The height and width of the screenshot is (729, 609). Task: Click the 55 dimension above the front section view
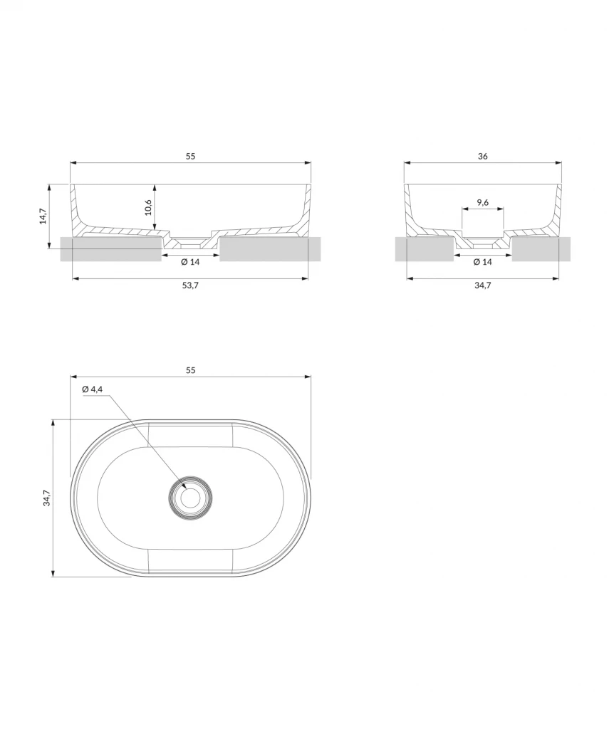[190, 155]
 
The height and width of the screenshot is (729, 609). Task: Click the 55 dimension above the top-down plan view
[190, 369]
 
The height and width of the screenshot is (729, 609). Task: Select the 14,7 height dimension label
[43, 216]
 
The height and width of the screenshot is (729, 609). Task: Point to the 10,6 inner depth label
[148, 206]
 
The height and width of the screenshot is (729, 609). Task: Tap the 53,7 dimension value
[190, 285]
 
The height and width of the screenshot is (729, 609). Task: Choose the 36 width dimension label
[483, 155]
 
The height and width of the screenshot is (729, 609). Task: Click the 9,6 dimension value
[482, 202]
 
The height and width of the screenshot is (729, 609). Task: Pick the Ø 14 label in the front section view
[190, 262]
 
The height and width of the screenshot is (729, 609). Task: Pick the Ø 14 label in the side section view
[482, 262]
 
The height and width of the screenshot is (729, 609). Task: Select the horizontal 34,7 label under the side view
[482, 285]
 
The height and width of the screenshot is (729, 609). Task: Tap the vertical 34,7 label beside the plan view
[46, 498]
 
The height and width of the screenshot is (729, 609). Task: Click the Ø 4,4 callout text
[93, 389]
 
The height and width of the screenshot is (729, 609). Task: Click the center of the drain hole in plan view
[190, 498]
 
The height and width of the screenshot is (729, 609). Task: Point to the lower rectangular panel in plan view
[190, 561]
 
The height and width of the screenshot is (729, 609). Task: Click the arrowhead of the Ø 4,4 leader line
[184, 488]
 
